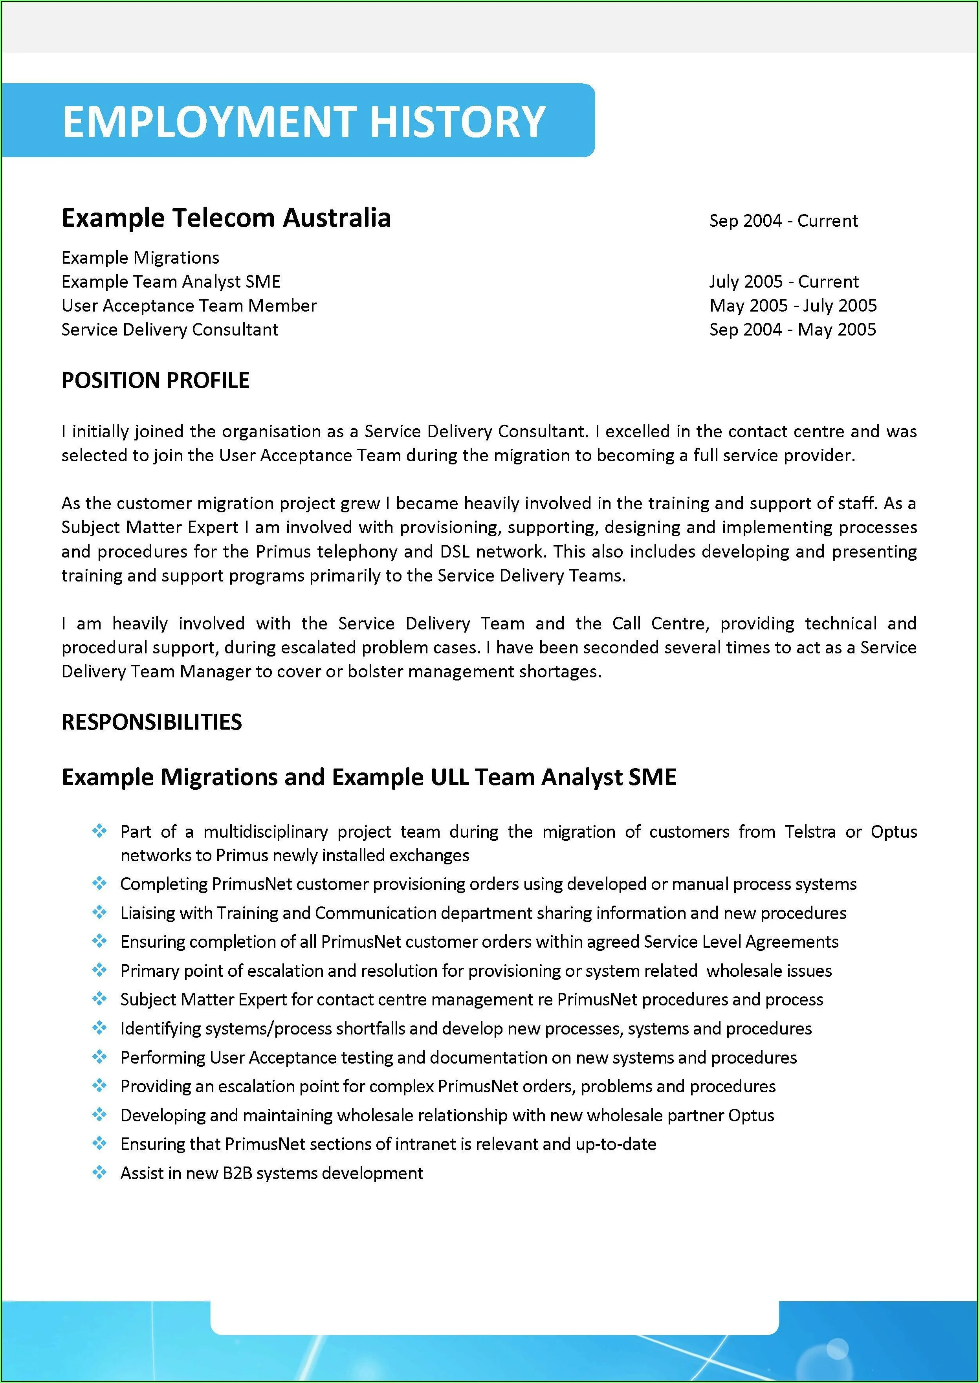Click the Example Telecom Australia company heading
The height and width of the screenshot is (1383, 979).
click(226, 218)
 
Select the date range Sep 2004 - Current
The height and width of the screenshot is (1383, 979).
click(783, 221)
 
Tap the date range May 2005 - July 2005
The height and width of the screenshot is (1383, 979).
click(793, 306)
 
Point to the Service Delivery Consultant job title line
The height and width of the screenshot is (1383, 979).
click(170, 330)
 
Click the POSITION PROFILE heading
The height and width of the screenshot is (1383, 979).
click(156, 380)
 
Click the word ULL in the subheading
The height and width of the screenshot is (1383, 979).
click(450, 777)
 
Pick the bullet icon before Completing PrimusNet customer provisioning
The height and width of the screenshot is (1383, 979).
click(99, 884)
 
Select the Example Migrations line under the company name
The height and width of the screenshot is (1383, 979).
click(141, 258)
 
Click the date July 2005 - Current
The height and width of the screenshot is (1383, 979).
click(784, 282)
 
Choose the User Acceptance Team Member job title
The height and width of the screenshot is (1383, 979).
click(189, 306)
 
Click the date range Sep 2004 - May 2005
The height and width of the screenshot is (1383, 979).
click(792, 330)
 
